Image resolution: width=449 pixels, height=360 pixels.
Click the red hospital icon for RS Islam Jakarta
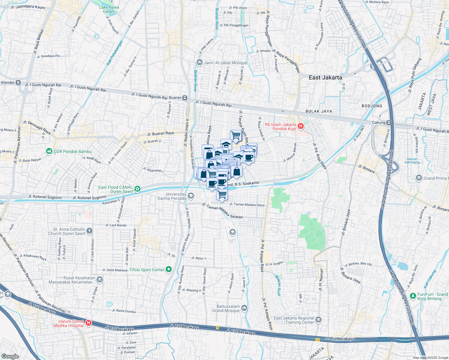tap(301, 126)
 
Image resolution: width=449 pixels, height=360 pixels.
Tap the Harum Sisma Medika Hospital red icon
tap(88, 323)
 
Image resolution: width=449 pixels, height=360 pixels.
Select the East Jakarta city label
tap(325, 77)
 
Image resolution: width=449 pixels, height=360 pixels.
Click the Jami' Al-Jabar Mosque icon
tap(200, 62)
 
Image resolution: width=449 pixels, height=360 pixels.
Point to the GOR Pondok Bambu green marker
tap(49, 151)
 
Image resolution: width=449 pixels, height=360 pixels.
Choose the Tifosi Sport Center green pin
tap(169, 269)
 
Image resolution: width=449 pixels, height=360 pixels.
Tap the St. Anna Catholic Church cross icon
tap(89, 231)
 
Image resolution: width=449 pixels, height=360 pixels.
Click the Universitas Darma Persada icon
tap(191, 196)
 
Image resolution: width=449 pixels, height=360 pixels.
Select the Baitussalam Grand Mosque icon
tap(244, 308)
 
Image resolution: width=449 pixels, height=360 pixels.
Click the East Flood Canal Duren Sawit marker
tap(137, 189)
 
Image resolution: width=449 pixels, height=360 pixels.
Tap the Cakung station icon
tap(389, 122)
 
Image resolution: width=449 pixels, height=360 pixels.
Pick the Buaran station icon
tap(185, 97)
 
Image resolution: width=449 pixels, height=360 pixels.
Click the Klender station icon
tap(18, 82)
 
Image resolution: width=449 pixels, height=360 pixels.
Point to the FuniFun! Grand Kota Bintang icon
tap(413, 296)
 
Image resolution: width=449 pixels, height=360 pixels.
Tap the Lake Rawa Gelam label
tap(109, 9)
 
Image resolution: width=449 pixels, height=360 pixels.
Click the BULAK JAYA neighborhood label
tap(319, 111)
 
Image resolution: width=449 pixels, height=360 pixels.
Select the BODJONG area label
tap(372, 106)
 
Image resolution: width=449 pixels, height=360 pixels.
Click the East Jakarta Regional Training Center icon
tap(318, 320)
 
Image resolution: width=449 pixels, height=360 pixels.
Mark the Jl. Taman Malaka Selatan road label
tap(222, 210)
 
